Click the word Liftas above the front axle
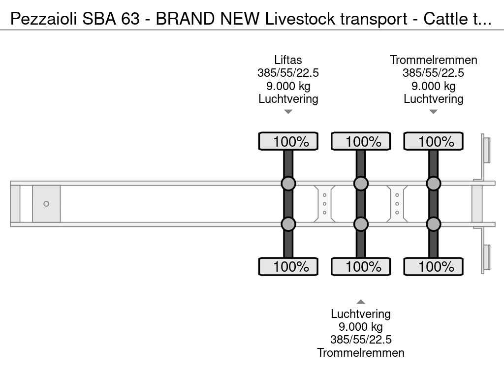(288, 60)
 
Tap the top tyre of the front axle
(288, 141)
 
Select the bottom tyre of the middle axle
(361, 267)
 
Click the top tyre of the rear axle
(433, 141)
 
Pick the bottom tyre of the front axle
(288, 267)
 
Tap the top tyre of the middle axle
(361, 141)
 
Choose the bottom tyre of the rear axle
(433, 267)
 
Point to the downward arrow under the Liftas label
(288, 112)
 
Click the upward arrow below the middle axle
(361, 302)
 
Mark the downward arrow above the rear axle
(434, 112)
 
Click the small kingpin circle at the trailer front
(46, 204)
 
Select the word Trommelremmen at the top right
(434, 60)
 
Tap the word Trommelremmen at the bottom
(361, 352)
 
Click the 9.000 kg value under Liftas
(288, 86)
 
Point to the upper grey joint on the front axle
(288, 184)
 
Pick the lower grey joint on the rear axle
(433, 224)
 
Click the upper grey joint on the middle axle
(361, 184)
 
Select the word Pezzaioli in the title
(42, 19)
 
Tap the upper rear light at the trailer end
(486, 149)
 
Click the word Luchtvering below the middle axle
(361, 314)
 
